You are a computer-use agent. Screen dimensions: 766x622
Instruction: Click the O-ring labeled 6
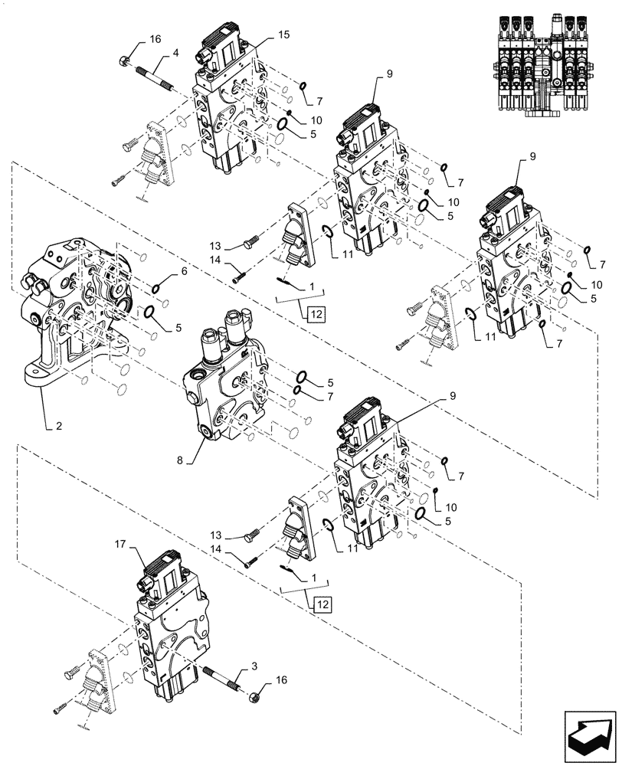[x=156, y=288]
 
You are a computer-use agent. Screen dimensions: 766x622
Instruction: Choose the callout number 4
[x=175, y=53]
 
